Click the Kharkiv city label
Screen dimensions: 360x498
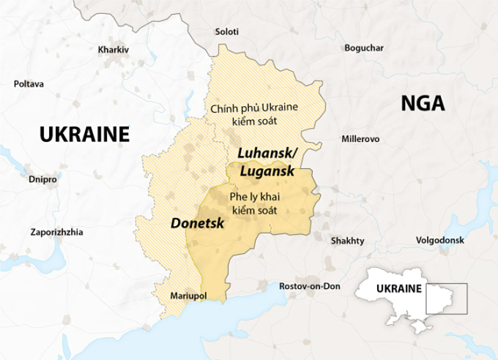(113, 50)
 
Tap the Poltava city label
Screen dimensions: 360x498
(29, 83)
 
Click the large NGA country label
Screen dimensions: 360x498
(423, 103)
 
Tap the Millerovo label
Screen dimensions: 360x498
(360, 138)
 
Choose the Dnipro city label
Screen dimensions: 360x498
(42, 179)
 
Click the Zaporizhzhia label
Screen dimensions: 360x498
(56, 232)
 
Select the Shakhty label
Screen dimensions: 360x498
(347, 240)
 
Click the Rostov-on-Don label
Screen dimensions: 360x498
(310, 286)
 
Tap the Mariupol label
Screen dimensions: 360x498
(188, 296)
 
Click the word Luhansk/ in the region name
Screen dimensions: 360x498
(267, 154)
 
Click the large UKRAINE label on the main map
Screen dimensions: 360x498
(84, 134)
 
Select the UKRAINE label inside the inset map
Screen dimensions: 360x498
(399, 289)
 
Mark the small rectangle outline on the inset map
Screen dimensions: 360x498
(445, 299)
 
